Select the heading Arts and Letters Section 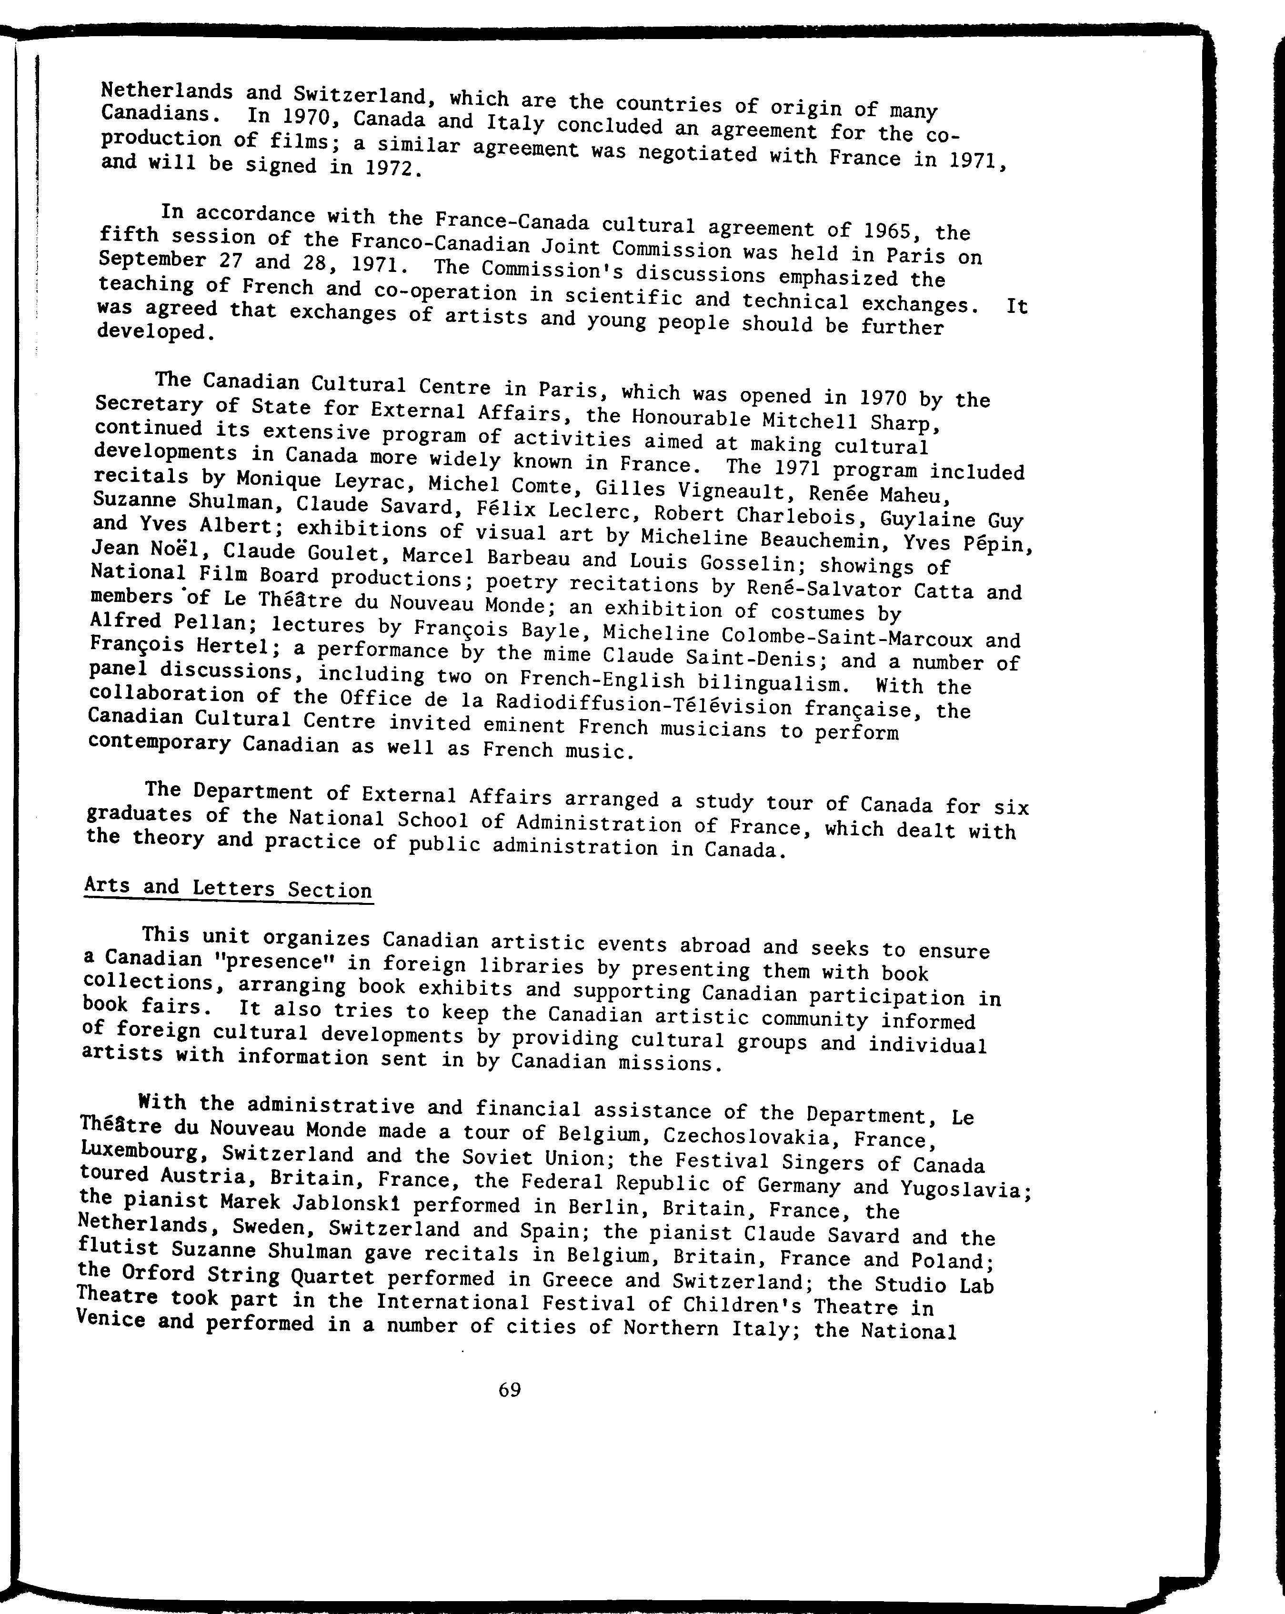[x=229, y=889]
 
